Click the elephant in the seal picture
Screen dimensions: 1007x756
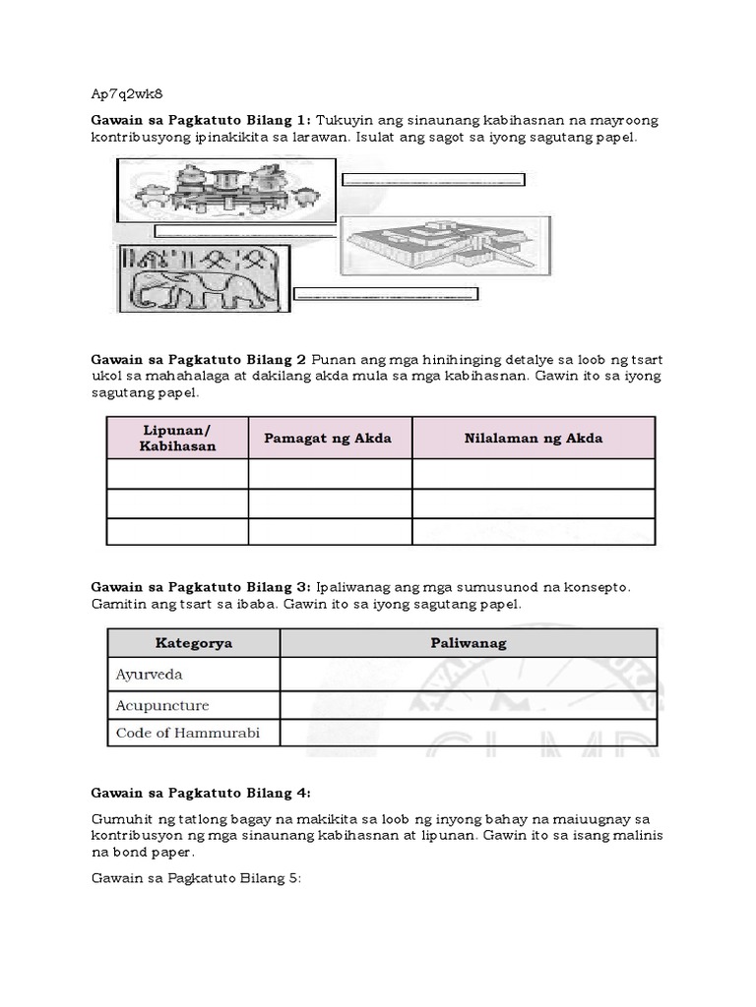[207, 290]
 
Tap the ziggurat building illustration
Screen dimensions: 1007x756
[445, 245]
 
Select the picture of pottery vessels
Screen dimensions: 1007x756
[223, 191]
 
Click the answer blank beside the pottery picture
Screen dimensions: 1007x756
[433, 179]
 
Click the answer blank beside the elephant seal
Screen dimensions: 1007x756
[386, 293]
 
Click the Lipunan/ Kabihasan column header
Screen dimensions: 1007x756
[177, 438]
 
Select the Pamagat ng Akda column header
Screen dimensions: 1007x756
[329, 438]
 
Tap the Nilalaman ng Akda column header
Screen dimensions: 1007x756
[533, 438]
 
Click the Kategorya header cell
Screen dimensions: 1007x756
[193, 643]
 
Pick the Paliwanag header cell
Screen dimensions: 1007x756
[468, 643]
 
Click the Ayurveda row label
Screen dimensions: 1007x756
[150, 675]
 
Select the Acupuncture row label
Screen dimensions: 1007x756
[162, 705]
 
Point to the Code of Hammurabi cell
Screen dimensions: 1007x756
[187, 734]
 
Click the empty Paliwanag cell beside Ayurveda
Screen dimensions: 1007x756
[468, 675]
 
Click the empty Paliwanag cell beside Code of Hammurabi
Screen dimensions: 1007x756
[468, 734]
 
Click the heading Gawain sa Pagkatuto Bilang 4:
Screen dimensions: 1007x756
[201, 792]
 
